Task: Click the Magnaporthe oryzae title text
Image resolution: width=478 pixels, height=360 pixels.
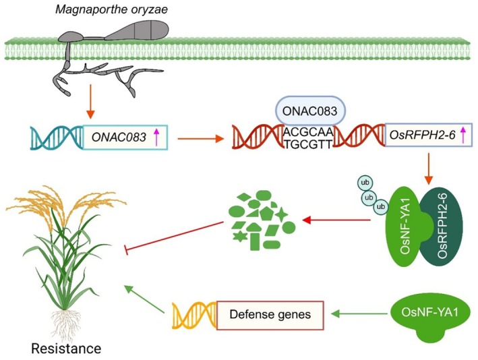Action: [111, 9]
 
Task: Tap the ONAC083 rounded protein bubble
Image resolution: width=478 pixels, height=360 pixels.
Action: [310, 111]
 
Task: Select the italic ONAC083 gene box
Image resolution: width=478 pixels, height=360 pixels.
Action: [125, 138]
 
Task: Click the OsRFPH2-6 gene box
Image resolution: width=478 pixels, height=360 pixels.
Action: [429, 135]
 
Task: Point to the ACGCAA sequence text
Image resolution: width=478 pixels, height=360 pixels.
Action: [308, 132]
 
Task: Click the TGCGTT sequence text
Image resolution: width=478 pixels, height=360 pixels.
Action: [308, 144]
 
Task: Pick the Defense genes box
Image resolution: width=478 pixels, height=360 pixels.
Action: [270, 316]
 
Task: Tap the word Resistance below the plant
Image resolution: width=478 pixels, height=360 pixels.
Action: [66, 349]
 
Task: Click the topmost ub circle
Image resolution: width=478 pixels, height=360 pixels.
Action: [365, 183]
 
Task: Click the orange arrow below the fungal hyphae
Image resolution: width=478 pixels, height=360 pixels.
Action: [90, 102]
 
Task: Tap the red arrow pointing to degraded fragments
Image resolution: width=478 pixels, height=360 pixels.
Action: [336, 220]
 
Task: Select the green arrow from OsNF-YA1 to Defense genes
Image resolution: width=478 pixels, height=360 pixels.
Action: [361, 313]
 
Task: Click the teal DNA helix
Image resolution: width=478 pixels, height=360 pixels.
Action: [57, 138]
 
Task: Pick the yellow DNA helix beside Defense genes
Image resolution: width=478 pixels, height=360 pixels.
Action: [194, 316]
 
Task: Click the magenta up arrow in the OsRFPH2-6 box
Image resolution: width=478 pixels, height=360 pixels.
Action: [463, 135]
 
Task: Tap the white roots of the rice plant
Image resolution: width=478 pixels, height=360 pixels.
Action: [65, 324]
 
